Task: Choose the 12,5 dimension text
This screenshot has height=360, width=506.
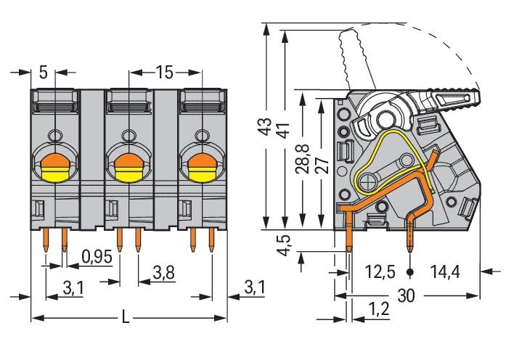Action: pos(380,273)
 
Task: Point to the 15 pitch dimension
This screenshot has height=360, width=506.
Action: pos(164,72)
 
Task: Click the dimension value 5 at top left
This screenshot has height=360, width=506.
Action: pos(44,72)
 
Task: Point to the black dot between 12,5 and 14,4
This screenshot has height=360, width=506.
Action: pos(410,273)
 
